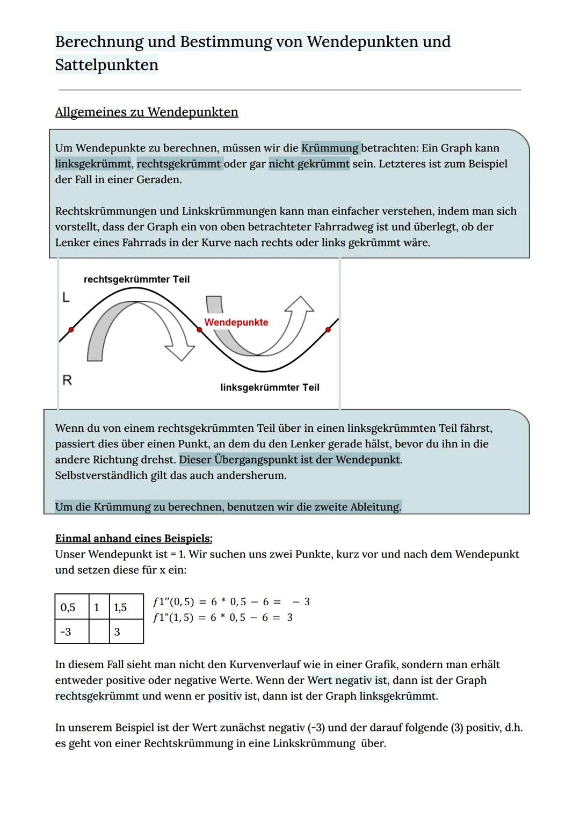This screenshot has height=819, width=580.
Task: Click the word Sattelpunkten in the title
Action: click(x=106, y=65)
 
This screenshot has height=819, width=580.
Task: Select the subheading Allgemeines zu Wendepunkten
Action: click(x=146, y=112)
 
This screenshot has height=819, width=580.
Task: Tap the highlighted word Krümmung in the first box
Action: click(x=330, y=148)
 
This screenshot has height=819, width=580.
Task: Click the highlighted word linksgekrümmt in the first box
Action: click(x=93, y=164)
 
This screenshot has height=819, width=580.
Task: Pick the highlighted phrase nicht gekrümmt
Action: click(x=309, y=164)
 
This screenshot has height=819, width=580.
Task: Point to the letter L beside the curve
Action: click(x=66, y=297)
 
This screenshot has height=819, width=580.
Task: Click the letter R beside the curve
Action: click(x=67, y=380)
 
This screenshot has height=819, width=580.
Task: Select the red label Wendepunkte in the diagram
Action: click(x=236, y=322)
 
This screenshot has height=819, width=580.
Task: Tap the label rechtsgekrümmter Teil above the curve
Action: click(x=136, y=279)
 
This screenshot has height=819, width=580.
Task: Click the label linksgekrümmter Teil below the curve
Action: click(x=270, y=387)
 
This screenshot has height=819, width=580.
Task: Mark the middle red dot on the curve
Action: click(x=199, y=330)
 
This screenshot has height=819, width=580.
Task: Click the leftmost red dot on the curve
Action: click(x=71, y=330)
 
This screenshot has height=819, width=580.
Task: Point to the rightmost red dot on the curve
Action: click(x=328, y=330)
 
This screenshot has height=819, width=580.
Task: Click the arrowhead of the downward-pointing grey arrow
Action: click(x=180, y=351)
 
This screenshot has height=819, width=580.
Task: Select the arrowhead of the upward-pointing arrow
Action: click(x=300, y=305)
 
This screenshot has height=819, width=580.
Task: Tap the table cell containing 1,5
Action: click(x=126, y=607)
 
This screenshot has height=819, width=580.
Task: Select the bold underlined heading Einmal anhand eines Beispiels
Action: click(x=134, y=538)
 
